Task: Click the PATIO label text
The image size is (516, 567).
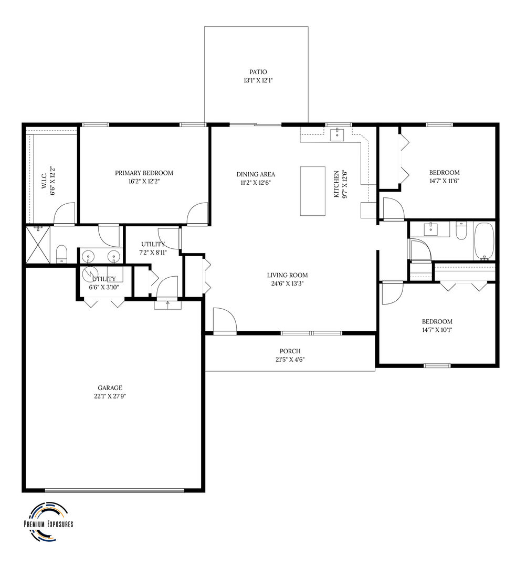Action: click(x=258, y=72)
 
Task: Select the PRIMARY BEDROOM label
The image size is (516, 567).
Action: click(x=144, y=173)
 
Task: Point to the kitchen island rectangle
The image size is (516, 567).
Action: click(x=312, y=191)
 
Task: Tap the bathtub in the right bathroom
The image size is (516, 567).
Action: click(x=484, y=240)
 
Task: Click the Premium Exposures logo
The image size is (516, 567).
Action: click(x=48, y=523)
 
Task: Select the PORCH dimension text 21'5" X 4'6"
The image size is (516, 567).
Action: click(x=290, y=360)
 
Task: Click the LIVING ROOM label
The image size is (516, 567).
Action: click(x=287, y=275)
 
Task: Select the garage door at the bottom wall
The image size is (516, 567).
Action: click(x=114, y=491)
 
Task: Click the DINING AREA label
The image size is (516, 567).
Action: click(x=256, y=174)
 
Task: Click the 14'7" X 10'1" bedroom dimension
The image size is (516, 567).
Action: click(x=437, y=330)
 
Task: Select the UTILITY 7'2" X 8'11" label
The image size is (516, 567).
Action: click(x=153, y=248)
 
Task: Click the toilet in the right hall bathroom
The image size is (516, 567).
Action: click(x=461, y=232)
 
